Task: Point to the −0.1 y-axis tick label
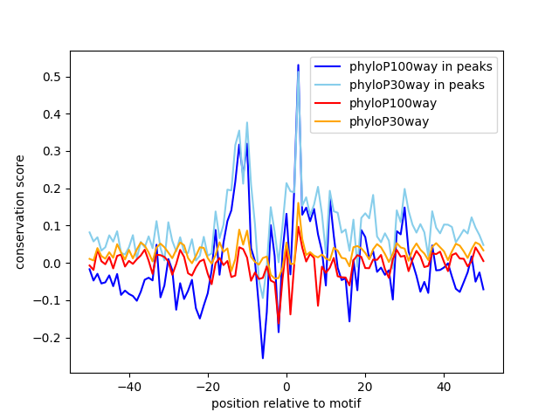[51, 300]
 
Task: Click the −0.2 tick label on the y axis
[51, 338]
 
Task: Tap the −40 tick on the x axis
[129, 386]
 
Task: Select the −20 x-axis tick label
[208, 386]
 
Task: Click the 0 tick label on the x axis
[286, 386]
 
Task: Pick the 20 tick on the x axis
[365, 386]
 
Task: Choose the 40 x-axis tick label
[444, 386]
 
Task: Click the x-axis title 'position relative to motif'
[286, 403]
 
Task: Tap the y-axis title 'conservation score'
[19, 212]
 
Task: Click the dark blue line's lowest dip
[263, 358]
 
